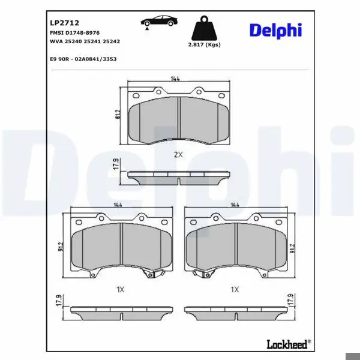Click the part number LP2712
65,23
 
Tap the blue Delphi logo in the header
275,31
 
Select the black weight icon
204,28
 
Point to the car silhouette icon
159,21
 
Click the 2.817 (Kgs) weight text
205,45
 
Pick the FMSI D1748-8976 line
75,33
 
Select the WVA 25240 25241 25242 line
85,41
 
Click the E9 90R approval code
83,59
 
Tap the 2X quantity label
178,155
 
